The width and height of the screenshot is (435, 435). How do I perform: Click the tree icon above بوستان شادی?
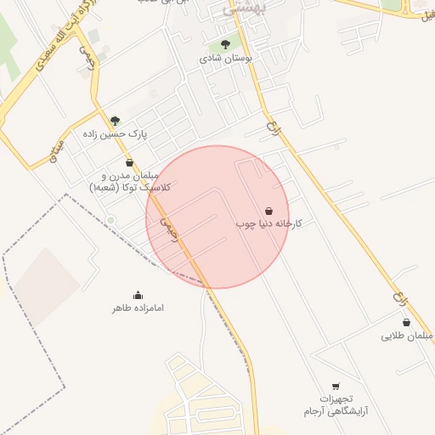(225, 44)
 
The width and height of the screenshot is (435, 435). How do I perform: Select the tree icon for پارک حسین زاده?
(116, 121)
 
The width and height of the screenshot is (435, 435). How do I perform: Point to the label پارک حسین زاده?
(115, 134)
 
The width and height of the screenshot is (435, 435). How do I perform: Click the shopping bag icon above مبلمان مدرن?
(129, 162)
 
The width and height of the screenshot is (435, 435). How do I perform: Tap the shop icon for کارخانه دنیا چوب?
(269, 211)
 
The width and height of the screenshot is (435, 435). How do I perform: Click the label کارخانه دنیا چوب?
(268, 223)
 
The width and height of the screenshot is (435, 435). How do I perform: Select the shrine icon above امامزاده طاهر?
(138, 295)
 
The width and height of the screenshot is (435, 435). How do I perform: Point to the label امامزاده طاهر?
(138, 308)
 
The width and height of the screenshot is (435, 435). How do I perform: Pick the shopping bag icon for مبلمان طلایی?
(407, 323)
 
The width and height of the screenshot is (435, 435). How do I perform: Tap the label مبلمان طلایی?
(407, 336)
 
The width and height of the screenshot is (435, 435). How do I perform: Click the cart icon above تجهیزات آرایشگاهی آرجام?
(336, 387)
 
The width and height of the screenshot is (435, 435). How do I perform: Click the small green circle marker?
(110, 221)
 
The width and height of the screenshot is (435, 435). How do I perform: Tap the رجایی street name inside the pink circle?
(170, 228)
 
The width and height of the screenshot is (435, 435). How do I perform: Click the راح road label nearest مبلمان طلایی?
(398, 299)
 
